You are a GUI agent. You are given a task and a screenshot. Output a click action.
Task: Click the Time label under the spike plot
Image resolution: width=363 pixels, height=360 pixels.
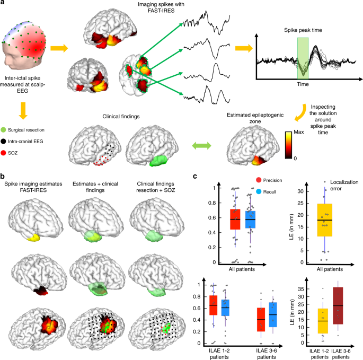(x=303, y=84)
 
